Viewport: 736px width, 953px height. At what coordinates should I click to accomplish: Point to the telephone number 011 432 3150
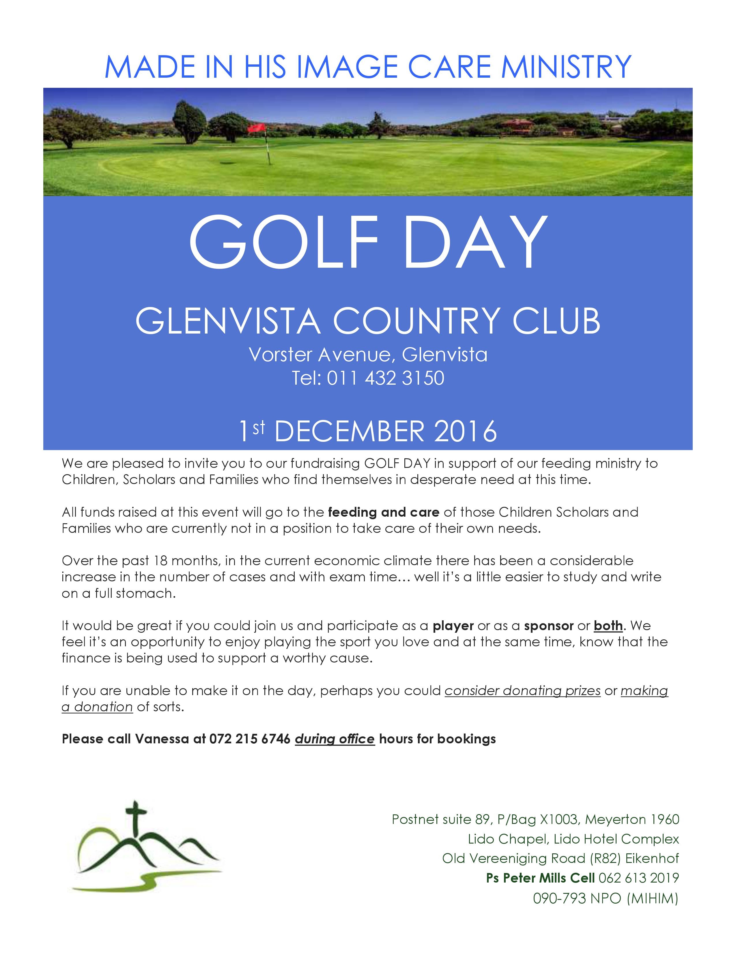click(385, 378)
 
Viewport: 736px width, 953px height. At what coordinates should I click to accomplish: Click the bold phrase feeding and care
click(383, 511)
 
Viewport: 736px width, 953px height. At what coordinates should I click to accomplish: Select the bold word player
click(453, 626)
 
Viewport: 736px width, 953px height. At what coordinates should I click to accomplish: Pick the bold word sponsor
click(548, 626)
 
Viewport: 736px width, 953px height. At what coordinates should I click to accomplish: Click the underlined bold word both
click(608, 626)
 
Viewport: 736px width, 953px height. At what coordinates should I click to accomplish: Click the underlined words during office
click(335, 739)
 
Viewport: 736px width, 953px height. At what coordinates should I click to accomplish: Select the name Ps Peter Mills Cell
click(540, 878)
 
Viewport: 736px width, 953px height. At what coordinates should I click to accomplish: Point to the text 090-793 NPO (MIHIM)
click(606, 898)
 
